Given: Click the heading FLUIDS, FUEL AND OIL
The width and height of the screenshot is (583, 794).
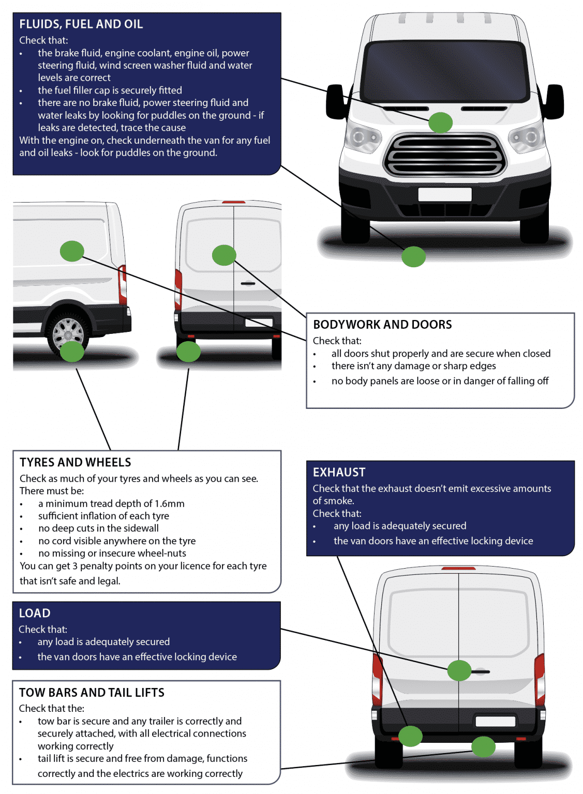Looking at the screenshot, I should tap(81, 24).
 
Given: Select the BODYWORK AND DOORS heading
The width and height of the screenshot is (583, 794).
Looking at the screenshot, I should tap(382, 325).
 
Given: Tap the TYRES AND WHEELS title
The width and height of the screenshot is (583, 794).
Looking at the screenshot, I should tap(76, 462).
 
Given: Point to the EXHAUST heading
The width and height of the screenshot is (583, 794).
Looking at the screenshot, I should tap(339, 472).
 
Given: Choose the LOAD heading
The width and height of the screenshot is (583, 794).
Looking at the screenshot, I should tap(35, 613).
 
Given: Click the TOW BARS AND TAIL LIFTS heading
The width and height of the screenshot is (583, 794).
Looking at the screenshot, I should tap(92, 693).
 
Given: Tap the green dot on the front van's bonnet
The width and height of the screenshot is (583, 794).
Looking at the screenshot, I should tap(440, 123).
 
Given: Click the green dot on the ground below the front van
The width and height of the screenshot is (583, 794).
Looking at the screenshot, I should tap(413, 256).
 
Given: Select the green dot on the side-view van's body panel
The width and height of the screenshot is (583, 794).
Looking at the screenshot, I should tap(72, 251).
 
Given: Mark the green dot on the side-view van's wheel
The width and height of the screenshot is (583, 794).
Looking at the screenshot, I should tap(72, 352).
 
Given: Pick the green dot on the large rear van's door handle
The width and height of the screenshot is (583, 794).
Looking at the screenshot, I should tap(459, 670).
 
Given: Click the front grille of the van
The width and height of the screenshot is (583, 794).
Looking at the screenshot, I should tap(444, 155).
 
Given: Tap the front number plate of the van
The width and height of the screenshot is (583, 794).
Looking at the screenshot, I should tap(444, 194).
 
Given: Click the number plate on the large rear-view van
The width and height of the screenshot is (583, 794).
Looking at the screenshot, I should tap(495, 721).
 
